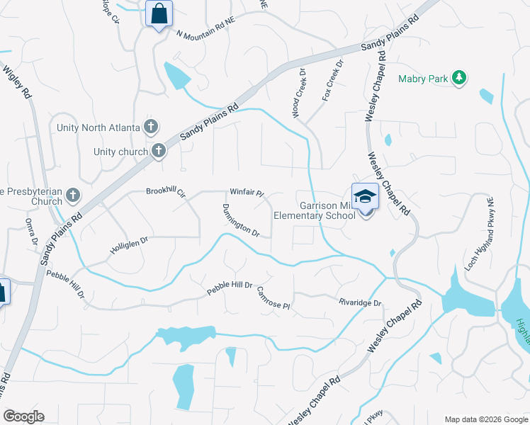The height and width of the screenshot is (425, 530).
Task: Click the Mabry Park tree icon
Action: click(460, 79)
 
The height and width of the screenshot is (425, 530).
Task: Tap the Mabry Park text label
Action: click(423, 79)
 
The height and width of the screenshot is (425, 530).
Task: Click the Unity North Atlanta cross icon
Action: click(150, 127)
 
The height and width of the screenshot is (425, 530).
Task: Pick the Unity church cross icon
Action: click(158, 151)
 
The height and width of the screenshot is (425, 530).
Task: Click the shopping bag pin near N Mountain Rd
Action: click(159, 13)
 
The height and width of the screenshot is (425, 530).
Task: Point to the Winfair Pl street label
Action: click(246, 192)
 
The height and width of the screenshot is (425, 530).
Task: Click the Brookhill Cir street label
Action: click(165, 192)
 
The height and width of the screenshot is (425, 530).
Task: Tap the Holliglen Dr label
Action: click(128, 245)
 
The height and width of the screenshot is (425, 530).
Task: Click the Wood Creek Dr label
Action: click(298, 93)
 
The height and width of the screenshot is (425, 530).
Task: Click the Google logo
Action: click(23, 416)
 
